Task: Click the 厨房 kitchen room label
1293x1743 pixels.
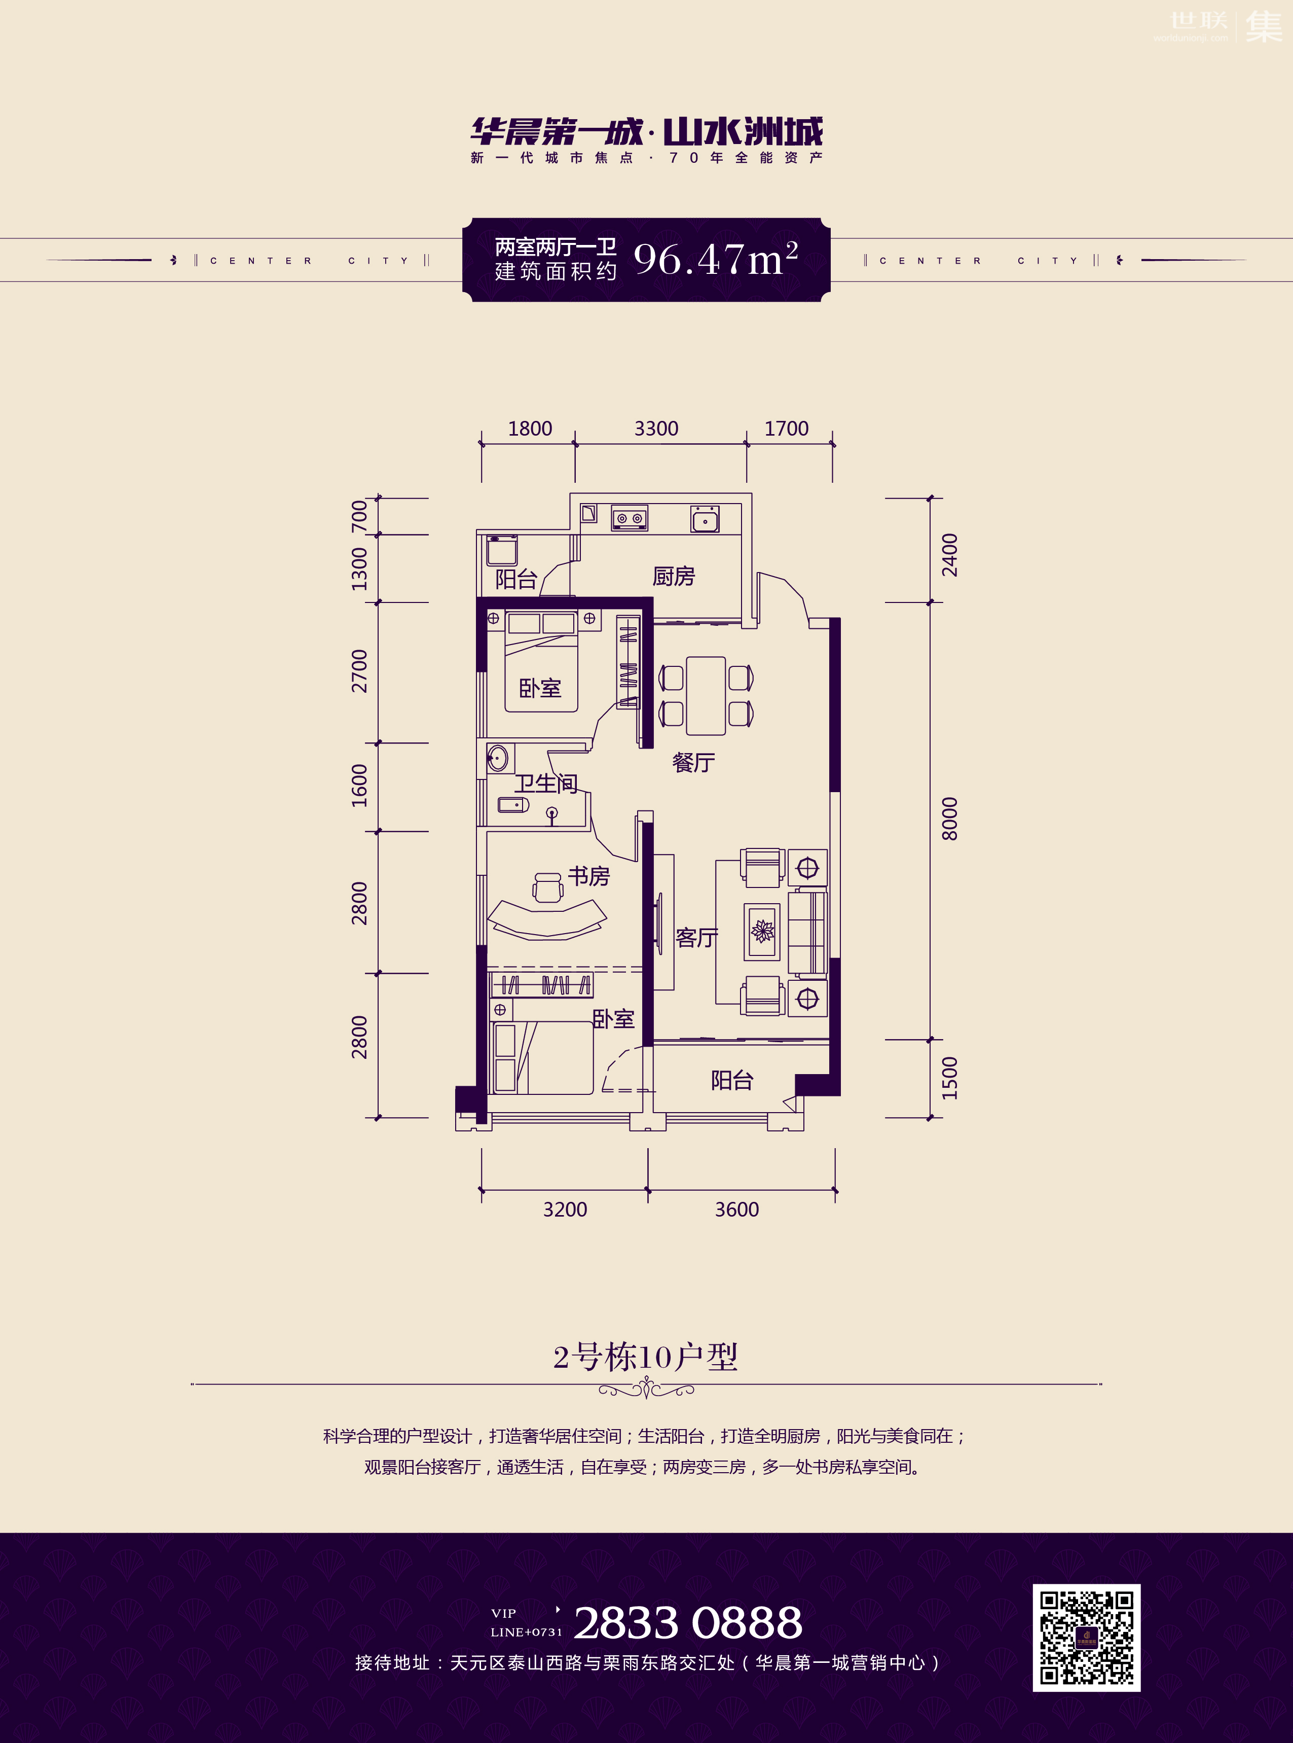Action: (x=674, y=576)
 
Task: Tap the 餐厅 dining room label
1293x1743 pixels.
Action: (x=693, y=762)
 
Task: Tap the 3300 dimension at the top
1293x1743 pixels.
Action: (x=656, y=429)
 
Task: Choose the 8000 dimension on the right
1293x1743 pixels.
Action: (x=949, y=819)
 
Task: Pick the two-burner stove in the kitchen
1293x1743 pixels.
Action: (x=630, y=518)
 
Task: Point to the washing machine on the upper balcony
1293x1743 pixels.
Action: (x=501, y=550)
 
